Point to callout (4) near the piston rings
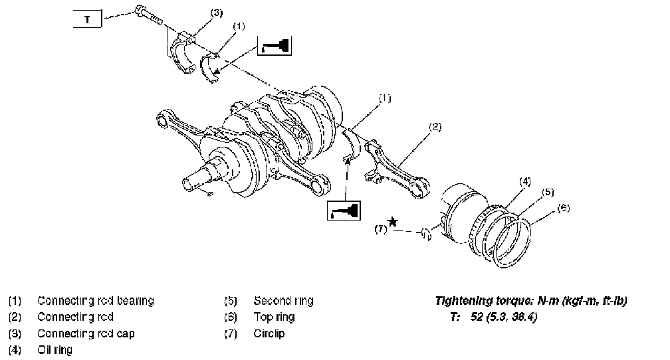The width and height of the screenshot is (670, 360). [x=524, y=180]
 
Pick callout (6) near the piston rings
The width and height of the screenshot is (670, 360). [x=564, y=208]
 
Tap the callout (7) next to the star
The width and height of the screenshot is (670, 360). [x=380, y=229]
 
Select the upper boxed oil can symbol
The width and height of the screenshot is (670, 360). [x=275, y=46]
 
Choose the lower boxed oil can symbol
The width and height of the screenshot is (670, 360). [x=344, y=211]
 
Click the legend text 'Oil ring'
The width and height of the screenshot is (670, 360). [x=55, y=349]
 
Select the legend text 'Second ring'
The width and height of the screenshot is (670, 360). [x=283, y=301]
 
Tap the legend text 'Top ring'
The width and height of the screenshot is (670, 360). [x=274, y=317]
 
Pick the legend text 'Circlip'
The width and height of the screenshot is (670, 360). [x=269, y=333]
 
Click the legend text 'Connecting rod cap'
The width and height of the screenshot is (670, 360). [x=86, y=333]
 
